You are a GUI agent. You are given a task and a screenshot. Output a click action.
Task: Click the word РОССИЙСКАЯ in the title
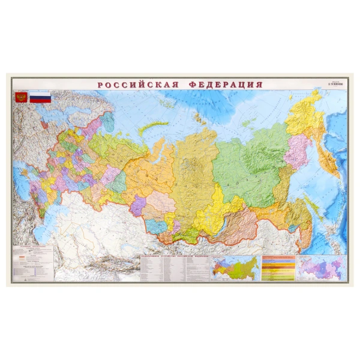click(x=137, y=85)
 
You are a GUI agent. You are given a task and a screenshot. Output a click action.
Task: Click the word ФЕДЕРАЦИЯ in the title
click(x=226, y=85)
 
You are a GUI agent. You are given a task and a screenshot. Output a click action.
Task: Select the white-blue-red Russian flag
click(x=40, y=97)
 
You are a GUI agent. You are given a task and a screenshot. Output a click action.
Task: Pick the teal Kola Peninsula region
click(x=107, y=122)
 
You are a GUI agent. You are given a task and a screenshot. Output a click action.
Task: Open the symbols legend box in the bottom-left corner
click(x=33, y=262)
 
